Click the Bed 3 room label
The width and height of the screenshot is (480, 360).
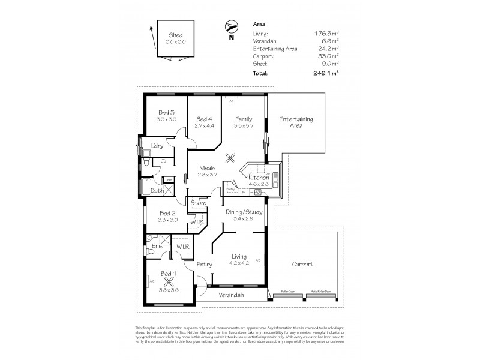(166, 113)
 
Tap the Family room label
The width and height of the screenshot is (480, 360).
(243, 119)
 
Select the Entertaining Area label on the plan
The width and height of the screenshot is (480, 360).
(296, 123)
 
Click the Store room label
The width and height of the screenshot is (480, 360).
(199, 203)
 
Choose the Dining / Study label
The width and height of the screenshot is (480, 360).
(244, 212)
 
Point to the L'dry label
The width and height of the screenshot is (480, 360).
(157, 146)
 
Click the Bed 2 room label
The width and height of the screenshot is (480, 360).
(167, 213)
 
